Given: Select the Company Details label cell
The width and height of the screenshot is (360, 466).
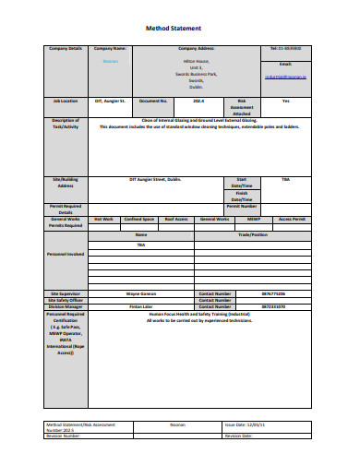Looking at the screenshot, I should pos(65,48).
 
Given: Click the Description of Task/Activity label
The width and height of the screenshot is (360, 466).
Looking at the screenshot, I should pos(65,124).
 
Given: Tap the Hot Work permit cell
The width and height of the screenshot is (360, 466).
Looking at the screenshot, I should pos(102,219).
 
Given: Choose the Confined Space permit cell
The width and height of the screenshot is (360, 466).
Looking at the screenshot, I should pos(138,219).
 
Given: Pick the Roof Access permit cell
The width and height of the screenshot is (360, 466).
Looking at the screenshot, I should pos(175,219).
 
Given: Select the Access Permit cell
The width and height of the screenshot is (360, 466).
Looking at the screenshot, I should pos(291,219).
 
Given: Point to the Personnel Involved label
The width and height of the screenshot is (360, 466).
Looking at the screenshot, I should pos(65,253).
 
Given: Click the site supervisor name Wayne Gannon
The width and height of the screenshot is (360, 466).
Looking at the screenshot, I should pos(140,293).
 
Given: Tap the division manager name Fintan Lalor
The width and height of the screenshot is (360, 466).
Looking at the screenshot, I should pos(140,305).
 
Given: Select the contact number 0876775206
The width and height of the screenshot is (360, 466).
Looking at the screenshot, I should pos(272,293).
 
